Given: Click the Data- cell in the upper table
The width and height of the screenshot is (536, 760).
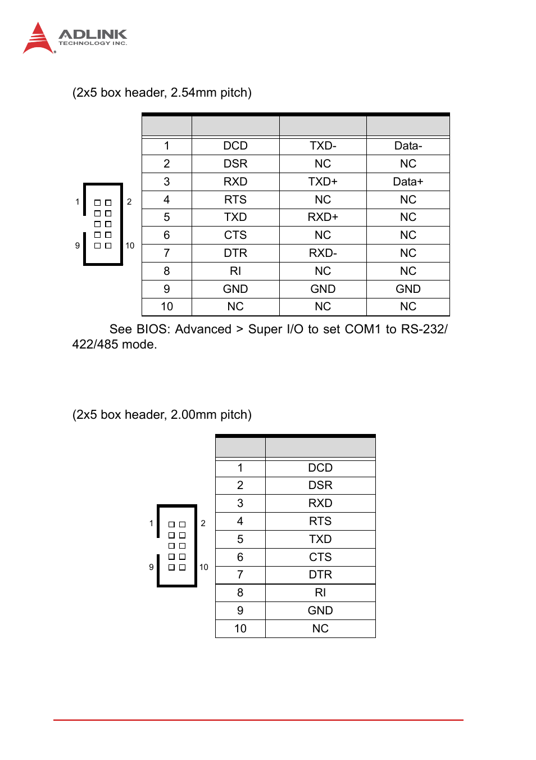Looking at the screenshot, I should (408, 146).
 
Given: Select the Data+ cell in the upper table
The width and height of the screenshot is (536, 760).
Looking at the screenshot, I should (408, 182).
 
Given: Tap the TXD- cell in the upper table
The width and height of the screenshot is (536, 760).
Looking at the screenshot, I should (322, 146).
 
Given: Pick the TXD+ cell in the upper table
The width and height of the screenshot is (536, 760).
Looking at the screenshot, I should (322, 182).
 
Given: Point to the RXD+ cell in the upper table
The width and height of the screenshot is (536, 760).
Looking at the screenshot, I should (322, 217).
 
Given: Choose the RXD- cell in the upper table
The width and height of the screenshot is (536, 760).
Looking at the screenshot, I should (322, 253).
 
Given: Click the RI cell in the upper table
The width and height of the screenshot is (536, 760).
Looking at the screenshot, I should (235, 271).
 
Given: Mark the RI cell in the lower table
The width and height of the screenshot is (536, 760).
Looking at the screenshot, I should (320, 592).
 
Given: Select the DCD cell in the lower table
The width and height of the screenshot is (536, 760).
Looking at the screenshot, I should (320, 468).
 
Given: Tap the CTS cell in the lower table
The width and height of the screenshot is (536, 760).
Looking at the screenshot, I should (320, 557).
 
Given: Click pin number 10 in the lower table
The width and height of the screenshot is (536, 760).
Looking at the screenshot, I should (240, 628).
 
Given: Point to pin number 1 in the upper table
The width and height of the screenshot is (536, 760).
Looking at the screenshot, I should (167, 146).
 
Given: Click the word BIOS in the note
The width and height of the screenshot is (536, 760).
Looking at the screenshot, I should (153, 329).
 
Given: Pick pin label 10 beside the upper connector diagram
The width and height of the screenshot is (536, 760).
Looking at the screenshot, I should (130, 246).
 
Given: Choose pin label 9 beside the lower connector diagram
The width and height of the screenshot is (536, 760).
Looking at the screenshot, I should (151, 567).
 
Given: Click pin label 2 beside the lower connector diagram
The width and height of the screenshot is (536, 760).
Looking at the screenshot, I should (203, 523).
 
